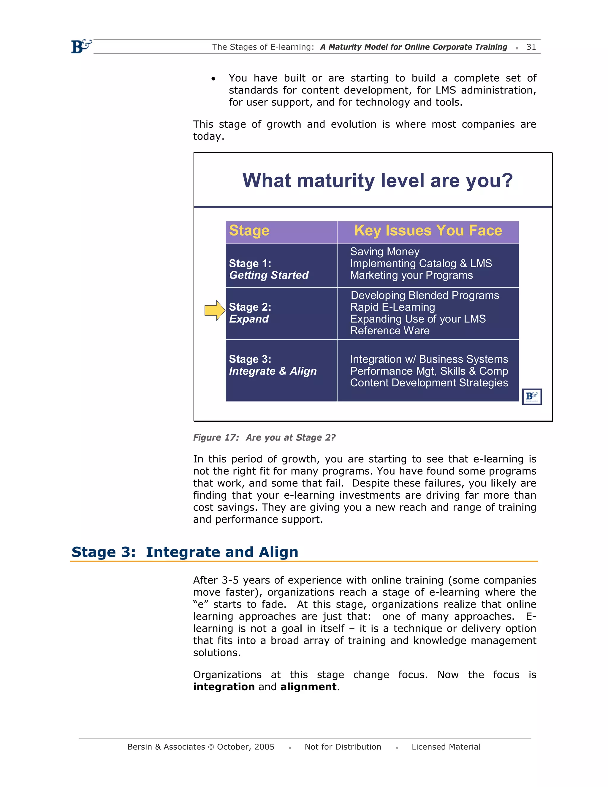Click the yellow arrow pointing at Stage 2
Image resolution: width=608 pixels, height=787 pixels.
click(215, 310)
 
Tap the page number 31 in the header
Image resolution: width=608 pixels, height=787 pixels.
click(531, 47)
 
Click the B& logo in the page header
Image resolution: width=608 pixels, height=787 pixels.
click(81, 47)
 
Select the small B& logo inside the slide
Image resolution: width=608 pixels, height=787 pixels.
click(532, 396)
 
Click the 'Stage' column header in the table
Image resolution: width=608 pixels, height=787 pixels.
click(249, 231)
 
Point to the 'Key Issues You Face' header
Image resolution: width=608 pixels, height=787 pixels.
click(428, 231)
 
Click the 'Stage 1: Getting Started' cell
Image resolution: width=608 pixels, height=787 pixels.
click(269, 269)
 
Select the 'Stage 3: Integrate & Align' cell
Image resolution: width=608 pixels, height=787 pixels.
click(273, 365)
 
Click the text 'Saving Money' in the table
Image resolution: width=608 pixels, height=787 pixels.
click(385, 252)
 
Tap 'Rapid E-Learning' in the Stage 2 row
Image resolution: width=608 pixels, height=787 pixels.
click(392, 307)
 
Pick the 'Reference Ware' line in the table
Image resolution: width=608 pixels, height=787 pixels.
click(390, 331)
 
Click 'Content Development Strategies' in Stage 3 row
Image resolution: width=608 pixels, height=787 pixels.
click(429, 383)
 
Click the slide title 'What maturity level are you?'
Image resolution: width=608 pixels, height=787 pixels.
click(377, 181)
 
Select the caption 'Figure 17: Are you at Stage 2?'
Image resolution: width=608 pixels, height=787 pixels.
click(264, 437)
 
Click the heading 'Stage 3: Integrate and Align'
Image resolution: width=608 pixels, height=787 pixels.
click(185, 552)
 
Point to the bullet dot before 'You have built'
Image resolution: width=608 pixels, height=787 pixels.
click(213, 79)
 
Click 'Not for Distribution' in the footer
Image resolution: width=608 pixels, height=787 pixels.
click(343, 747)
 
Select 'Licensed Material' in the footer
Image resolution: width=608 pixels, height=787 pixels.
click(446, 747)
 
